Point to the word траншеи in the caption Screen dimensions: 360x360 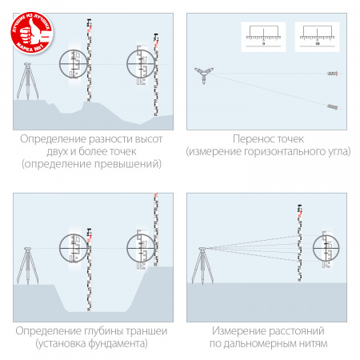click(x=130, y=331)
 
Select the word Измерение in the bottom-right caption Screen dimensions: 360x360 click(x=238, y=331)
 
